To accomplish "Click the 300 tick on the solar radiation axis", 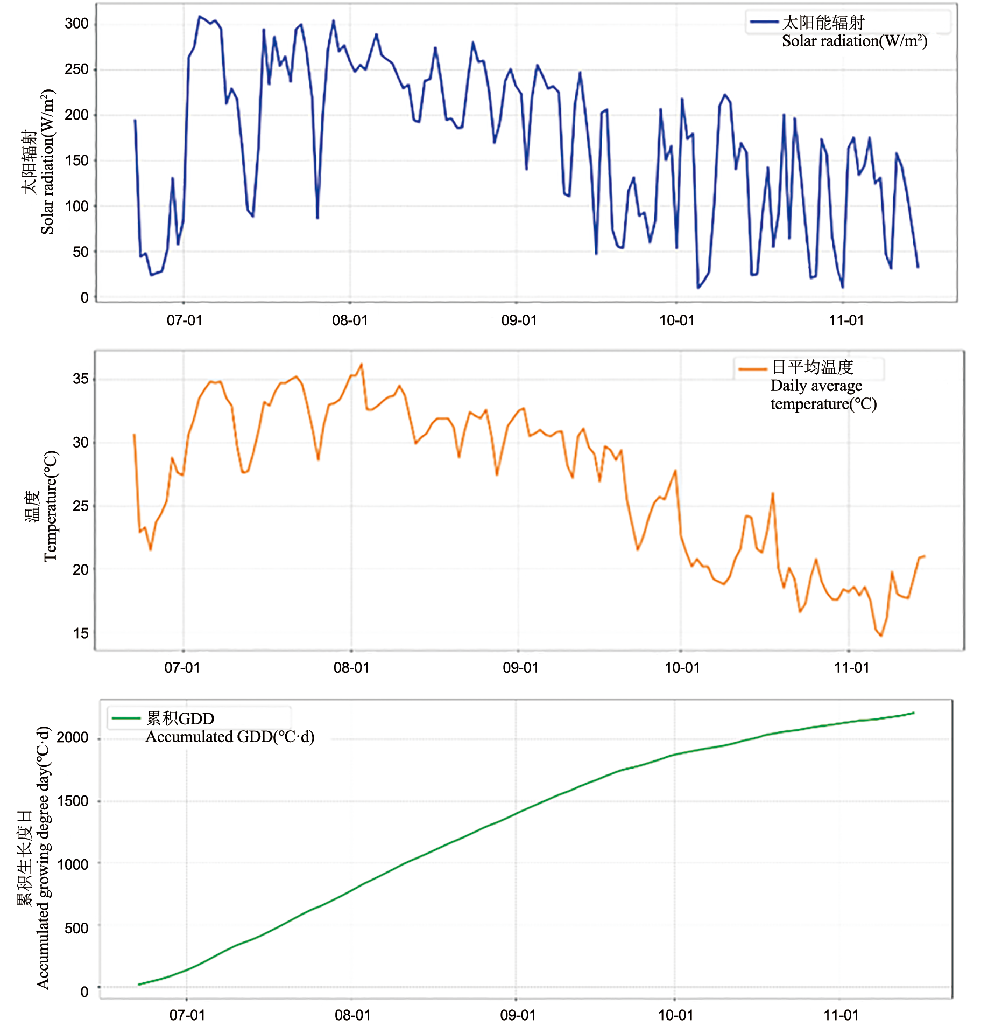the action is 76,24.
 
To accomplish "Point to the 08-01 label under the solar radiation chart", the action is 350,320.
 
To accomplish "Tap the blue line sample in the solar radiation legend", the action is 764,22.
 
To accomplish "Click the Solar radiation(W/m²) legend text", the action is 855,41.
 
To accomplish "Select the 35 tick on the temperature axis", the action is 81,379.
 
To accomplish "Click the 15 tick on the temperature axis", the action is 81,633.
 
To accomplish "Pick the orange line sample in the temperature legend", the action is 752,369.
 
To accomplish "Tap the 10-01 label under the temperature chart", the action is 682,668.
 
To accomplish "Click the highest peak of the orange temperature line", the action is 362,364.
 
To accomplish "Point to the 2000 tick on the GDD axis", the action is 73,737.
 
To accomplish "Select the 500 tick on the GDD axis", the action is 76,929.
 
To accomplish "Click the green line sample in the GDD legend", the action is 126,718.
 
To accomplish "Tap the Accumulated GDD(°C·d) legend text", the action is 230,736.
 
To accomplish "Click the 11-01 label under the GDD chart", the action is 841,1015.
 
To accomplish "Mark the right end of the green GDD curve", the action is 914,713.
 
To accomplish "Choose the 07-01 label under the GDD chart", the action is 187,1015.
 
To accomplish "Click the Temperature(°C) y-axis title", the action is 50,506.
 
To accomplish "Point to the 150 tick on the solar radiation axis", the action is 76,160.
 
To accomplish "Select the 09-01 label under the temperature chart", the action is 520,668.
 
